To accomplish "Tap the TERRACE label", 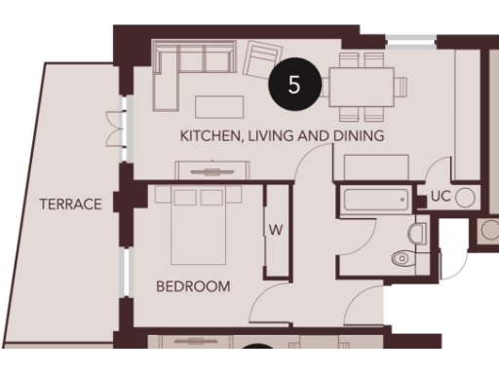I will [x=70, y=205].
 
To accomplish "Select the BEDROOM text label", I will [x=193, y=287].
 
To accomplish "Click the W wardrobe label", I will [x=276, y=231].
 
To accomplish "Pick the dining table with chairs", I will [x=362, y=86].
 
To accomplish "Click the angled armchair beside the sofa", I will [x=261, y=58].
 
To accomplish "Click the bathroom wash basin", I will [x=419, y=234].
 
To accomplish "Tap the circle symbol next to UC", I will [x=465, y=198].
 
